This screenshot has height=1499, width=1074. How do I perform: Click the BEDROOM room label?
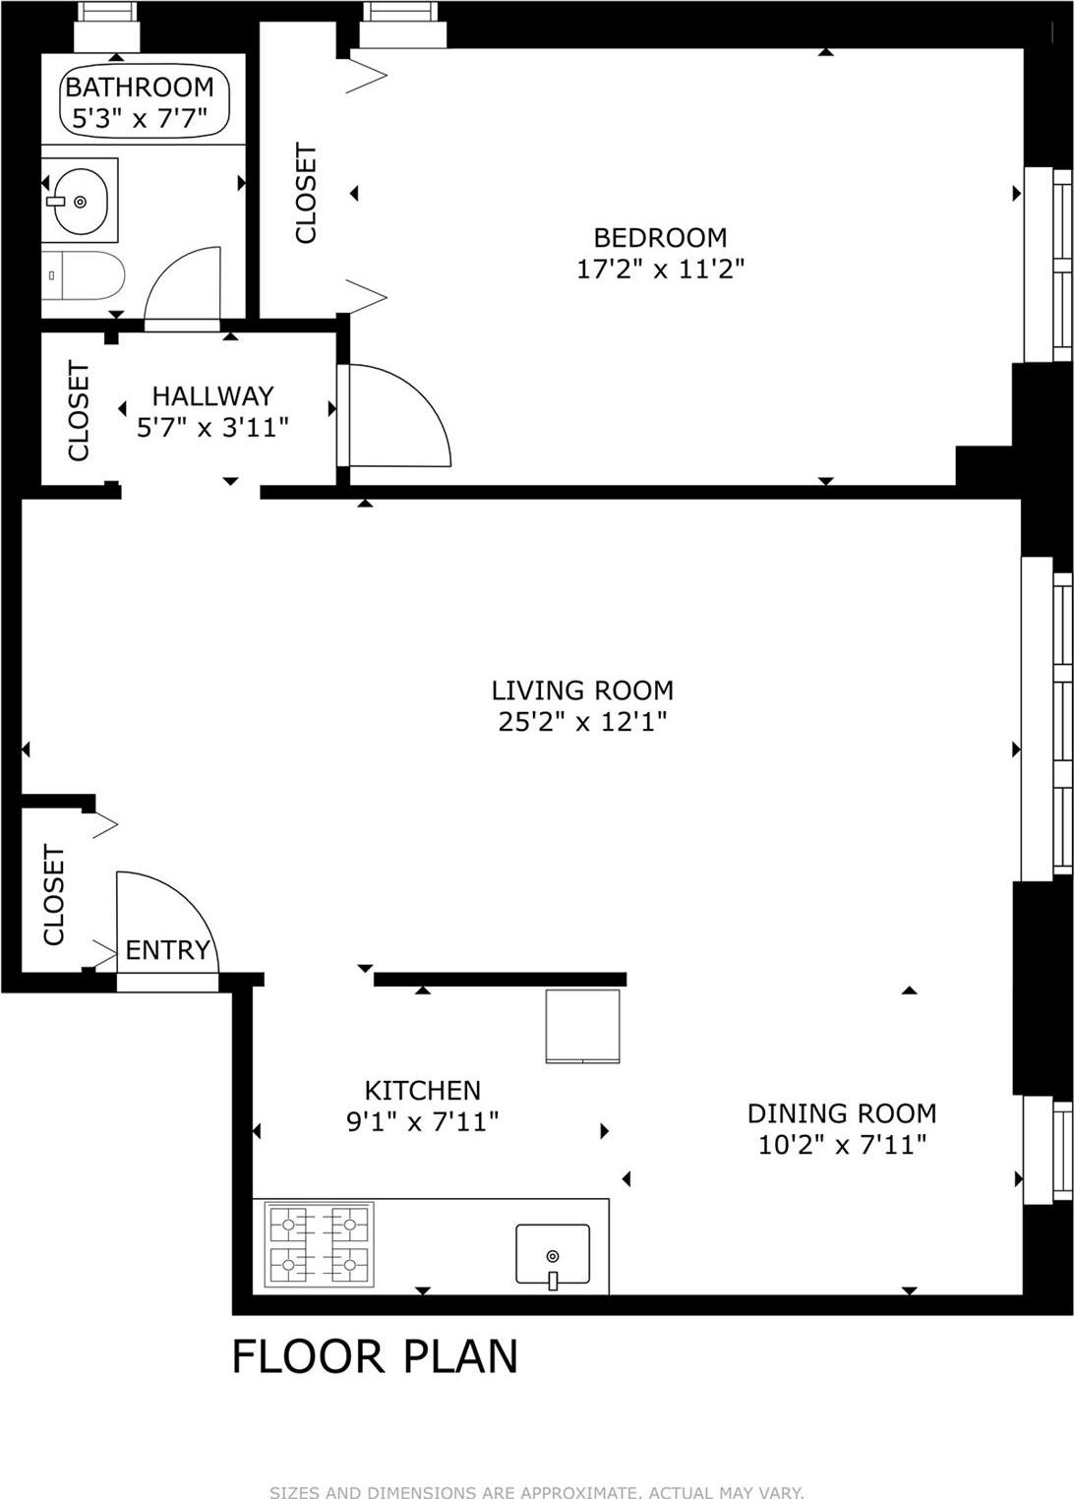point(660,237)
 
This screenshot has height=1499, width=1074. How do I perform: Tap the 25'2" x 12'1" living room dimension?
point(582,722)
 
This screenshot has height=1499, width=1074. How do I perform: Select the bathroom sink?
point(79,201)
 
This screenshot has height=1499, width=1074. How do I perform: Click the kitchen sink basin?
point(553,1254)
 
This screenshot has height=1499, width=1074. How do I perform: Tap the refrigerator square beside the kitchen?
point(583,1026)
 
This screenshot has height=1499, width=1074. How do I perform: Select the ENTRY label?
point(167,950)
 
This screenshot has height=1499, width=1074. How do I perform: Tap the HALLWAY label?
point(212,396)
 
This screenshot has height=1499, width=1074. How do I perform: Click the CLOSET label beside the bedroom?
point(307,193)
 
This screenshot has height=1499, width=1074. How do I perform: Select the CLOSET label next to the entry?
point(54,894)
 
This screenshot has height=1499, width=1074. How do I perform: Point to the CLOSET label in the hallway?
point(79,410)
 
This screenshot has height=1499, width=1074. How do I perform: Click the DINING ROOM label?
point(841,1113)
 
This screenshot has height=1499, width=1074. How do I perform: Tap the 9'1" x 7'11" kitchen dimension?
point(422,1121)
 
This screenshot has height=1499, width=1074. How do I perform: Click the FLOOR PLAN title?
point(374,1356)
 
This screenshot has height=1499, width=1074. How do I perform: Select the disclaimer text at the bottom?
point(536,1492)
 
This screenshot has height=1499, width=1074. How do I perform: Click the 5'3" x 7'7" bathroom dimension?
point(140,120)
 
